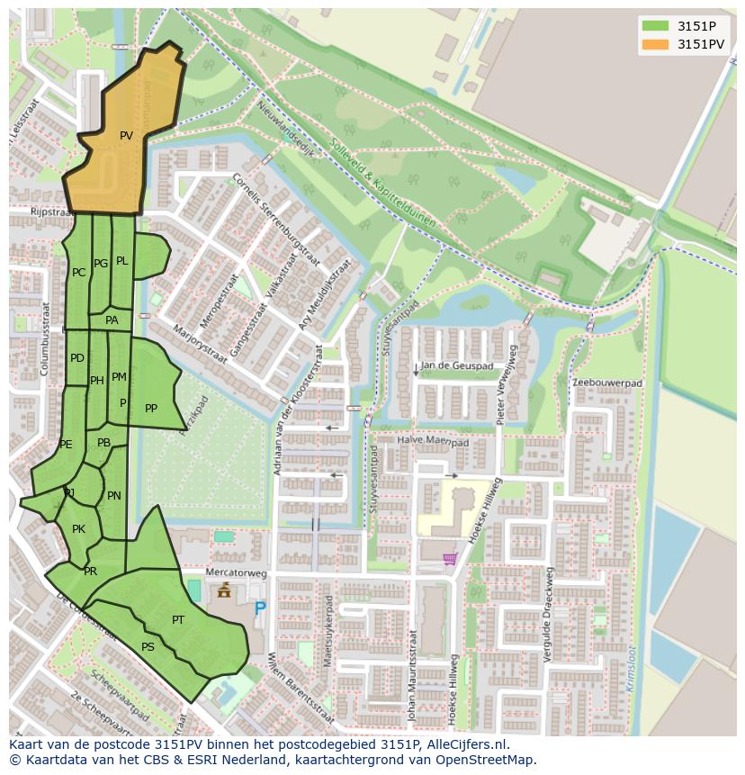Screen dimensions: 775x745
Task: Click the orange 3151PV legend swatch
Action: click(x=656, y=43)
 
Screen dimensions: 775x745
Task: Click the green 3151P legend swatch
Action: click(x=656, y=26)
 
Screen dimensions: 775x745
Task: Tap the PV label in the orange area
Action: click(x=126, y=136)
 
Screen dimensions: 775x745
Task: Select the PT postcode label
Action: click(x=178, y=619)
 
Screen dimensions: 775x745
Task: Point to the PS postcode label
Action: click(x=148, y=646)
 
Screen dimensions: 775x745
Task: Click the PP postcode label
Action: click(x=151, y=409)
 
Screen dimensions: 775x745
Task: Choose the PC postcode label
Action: click(x=78, y=272)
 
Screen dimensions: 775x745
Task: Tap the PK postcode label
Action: click(x=78, y=528)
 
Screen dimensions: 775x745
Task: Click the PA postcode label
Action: click(x=112, y=320)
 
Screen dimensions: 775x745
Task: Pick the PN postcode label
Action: click(x=114, y=495)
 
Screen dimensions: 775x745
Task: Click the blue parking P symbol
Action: click(x=260, y=608)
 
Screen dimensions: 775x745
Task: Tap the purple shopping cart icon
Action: click(x=449, y=559)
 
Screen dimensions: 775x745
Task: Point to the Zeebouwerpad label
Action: click(x=608, y=383)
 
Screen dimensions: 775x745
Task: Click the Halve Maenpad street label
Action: click(x=435, y=442)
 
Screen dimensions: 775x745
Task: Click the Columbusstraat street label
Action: click(x=44, y=337)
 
